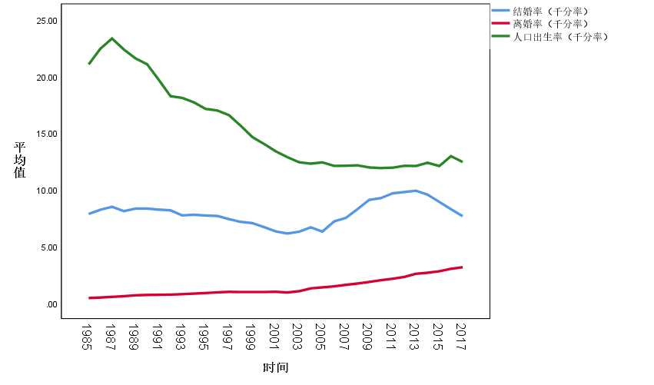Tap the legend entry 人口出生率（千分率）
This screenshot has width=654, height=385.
coord(560,37)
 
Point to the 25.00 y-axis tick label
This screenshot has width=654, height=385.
coord(47,21)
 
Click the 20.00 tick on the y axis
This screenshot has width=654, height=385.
coord(47,78)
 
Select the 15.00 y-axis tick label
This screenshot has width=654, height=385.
coord(47,134)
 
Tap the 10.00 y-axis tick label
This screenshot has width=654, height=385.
coord(47,191)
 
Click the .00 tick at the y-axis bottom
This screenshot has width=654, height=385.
coord(51,304)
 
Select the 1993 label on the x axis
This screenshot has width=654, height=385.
coord(181,336)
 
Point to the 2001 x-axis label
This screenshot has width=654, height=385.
coord(274,336)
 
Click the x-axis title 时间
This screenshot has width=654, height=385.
coord(275,367)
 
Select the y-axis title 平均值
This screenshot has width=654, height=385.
coord(20,160)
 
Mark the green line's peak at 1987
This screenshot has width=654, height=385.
coord(112,38)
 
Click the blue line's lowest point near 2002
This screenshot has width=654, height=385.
coord(287,233)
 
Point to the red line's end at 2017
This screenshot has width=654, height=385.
coord(461,267)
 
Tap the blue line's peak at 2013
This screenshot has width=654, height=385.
coord(415,191)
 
